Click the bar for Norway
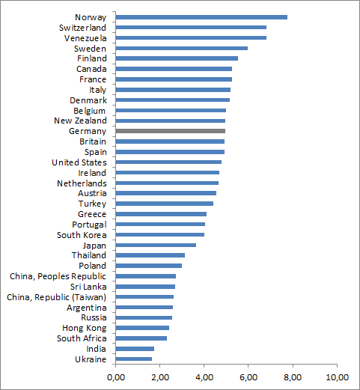click(201, 17)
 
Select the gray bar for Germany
click(171, 131)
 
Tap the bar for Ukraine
click(134, 359)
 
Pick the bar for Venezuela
click(191, 37)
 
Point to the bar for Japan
click(156, 245)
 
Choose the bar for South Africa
click(141, 338)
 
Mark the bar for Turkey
click(165, 204)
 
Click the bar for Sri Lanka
click(145, 287)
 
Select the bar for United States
click(168, 162)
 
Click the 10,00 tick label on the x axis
click(337, 377)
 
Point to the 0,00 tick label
click(116, 377)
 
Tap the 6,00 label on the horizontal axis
click(248, 377)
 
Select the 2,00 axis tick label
click(160, 377)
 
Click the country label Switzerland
click(82, 28)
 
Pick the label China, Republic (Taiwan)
click(57, 297)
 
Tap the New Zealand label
click(80, 121)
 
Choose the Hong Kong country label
click(85, 328)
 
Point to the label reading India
click(96, 349)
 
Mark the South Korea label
click(82, 235)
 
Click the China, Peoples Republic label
click(58, 276)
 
